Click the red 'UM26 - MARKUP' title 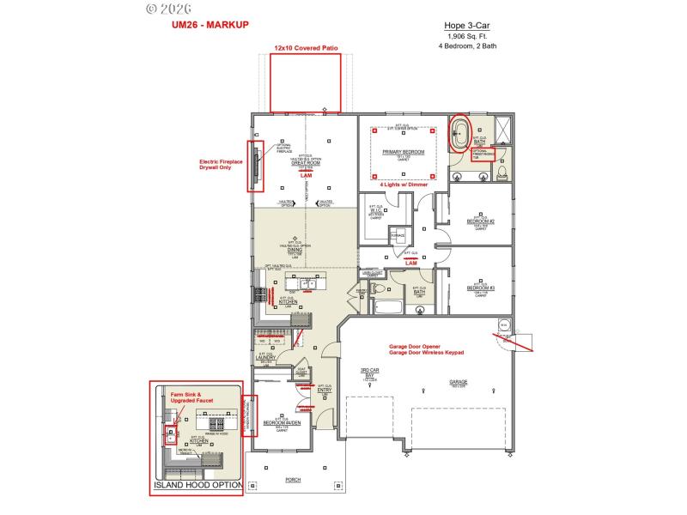click(210, 25)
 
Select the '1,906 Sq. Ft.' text click(467, 37)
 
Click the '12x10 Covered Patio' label click(305, 49)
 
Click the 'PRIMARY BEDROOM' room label click(404, 152)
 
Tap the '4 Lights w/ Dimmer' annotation click(404, 184)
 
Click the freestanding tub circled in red click(461, 134)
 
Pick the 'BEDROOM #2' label click(480, 221)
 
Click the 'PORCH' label click(292, 481)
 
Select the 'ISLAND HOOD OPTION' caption click(196, 486)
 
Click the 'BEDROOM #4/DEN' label click(282, 423)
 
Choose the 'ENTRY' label click(325, 391)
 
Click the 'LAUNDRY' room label click(265, 357)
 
